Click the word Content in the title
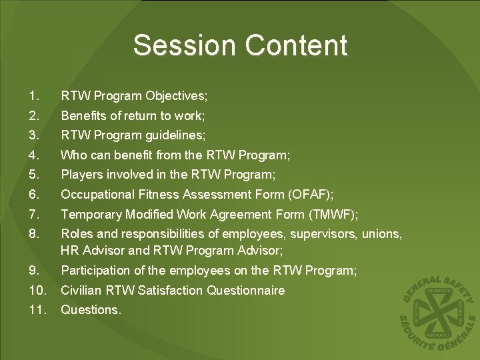(x=295, y=45)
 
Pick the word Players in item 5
(x=81, y=175)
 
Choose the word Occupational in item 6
(x=96, y=195)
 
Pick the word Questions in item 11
(x=90, y=310)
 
